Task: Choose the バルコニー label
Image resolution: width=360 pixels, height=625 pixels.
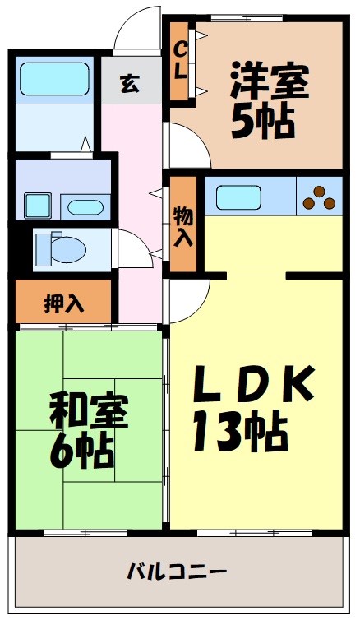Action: click(x=177, y=570)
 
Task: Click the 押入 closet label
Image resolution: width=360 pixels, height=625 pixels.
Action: click(x=64, y=303)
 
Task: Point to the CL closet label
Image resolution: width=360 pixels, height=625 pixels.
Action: click(x=180, y=59)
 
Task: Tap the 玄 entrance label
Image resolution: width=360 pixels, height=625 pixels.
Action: click(x=130, y=83)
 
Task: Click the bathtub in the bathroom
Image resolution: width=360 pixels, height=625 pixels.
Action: click(x=54, y=79)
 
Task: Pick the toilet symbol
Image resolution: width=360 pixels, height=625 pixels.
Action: click(x=58, y=248)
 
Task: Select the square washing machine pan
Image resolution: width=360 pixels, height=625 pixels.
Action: click(x=38, y=202)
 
